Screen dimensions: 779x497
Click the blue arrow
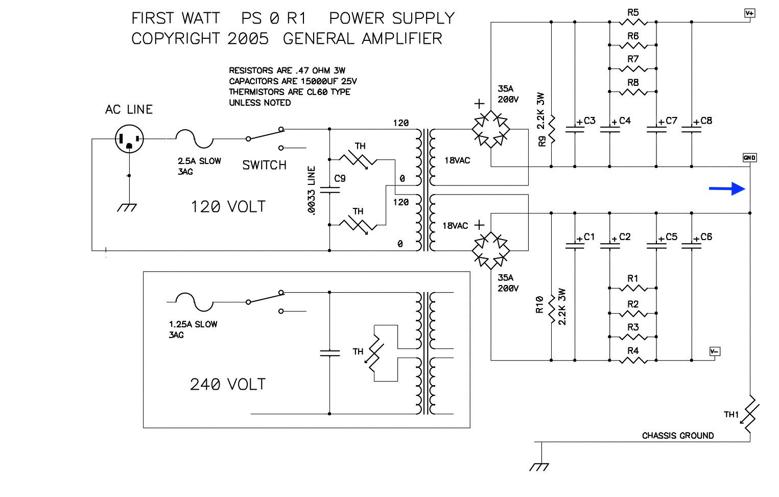(727, 189)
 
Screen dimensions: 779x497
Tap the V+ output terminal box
(750, 13)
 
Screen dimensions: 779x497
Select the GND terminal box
(749, 157)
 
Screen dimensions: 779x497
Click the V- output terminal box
(715, 351)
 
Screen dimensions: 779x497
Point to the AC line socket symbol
(129, 139)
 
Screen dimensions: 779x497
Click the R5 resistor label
(633, 13)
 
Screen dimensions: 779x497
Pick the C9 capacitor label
(340, 178)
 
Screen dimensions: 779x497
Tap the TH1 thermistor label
(731, 414)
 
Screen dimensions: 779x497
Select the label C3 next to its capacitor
(589, 121)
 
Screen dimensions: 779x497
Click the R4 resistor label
(633, 350)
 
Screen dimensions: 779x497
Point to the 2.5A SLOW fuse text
(199, 161)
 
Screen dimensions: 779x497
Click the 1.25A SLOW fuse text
(193, 324)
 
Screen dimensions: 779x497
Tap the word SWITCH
(264, 165)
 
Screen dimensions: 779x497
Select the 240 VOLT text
(228, 384)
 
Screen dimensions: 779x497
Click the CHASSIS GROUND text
(678, 435)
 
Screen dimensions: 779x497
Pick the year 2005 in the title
(248, 38)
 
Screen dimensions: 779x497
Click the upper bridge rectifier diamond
(491, 129)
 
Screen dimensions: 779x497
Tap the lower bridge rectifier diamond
(491, 250)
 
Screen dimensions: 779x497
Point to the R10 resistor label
(539, 304)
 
